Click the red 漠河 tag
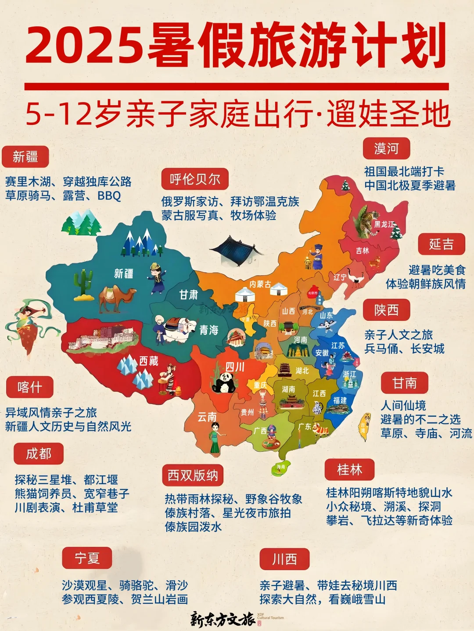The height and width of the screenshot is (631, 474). pyautogui.click(x=386, y=149)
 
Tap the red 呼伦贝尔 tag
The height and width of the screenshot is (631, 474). pyautogui.click(x=195, y=179)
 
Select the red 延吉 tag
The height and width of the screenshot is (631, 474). pyautogui.click(x=441, y=244)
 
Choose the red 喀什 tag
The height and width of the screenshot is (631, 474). pyautogui.click(x=30, y=387)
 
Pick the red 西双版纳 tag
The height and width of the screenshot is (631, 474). pyautogui.click(x=193, y=475)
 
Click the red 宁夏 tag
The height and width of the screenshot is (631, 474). pyautogui.click(x=87, y=558)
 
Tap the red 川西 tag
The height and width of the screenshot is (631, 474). pyautogui.click(x=284, y=559)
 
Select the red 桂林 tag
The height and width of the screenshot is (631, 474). pyautogui.click(x=349, y=470)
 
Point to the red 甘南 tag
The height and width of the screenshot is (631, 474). pyautogui.click(x=404, y=383)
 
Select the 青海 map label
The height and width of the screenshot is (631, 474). pyautogui.click(x=209, y=330)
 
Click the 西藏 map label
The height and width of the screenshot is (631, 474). pyautogui.click(x=149, y=361)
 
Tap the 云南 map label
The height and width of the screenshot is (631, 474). pyautogui.click(x=207, y=417)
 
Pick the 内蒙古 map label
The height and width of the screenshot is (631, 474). pyautogui.click(x=260, y=284)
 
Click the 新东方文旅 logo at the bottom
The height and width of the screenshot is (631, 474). pyautogui.click(x=223, y=619)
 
